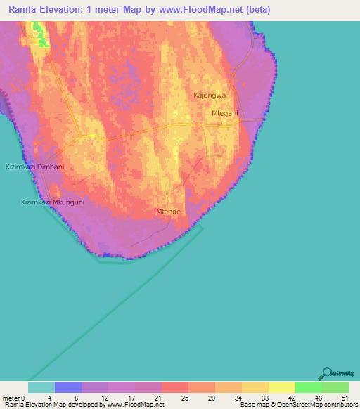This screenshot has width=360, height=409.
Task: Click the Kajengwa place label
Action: point(209,94)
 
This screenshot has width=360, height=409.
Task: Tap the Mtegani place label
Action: point(225,113)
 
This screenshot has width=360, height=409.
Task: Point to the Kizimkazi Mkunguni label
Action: point(52,202)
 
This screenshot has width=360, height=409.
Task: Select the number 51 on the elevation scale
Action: point(344,398)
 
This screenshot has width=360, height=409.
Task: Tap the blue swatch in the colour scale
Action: point(68,387)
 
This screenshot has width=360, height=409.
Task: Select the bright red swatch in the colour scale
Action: point(175,387)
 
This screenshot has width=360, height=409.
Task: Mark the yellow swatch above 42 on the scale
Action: point(282,387)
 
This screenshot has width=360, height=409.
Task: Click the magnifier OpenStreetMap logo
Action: point(326,373)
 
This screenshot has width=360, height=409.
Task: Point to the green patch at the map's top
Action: point(41,35)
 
